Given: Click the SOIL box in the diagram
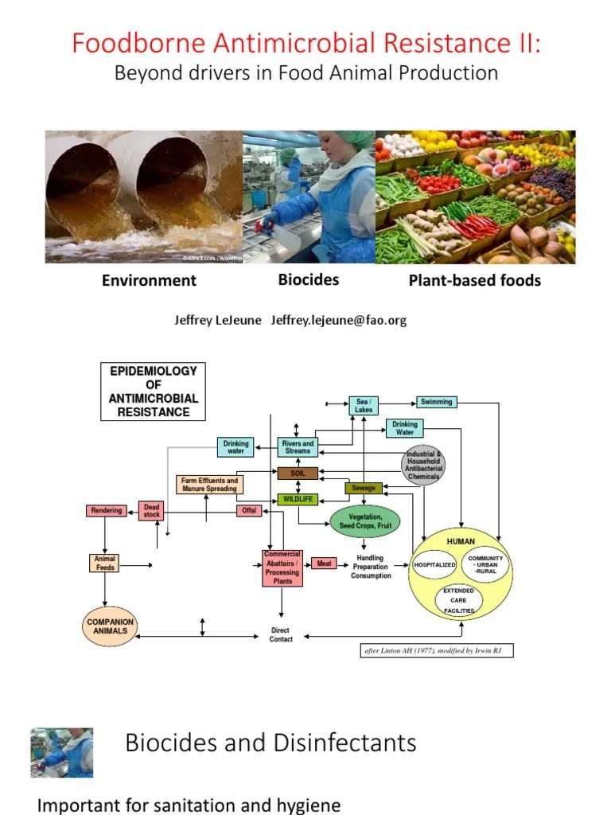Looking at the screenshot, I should coord(298,473).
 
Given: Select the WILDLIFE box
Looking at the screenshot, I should coord(298,499).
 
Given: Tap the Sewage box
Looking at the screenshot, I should coord(364,487).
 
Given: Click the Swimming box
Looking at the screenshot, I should coord(436,402).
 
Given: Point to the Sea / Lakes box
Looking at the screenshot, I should coord(364,406).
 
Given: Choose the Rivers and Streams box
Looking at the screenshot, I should coord(298,447).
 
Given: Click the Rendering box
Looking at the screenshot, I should coord(106,510).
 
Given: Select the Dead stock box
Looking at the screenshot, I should coord(151,511).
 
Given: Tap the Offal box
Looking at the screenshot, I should coord(249,510).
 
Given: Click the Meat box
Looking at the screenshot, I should coord(324,563).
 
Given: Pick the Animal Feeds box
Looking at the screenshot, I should coord(105,563).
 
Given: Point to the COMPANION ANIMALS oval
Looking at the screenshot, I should coord(110,626).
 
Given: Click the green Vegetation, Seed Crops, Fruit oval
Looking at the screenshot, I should coord(365,521).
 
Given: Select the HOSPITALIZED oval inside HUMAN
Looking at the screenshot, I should coord(434,564).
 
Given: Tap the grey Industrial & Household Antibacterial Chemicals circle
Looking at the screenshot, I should coord(422,465).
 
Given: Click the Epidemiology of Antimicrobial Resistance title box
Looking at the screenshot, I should coord(153,392).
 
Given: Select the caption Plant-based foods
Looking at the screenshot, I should coord(474,280).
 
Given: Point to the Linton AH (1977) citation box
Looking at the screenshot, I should coord(436,650).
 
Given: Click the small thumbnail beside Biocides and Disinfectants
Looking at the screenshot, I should coord(61,752).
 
